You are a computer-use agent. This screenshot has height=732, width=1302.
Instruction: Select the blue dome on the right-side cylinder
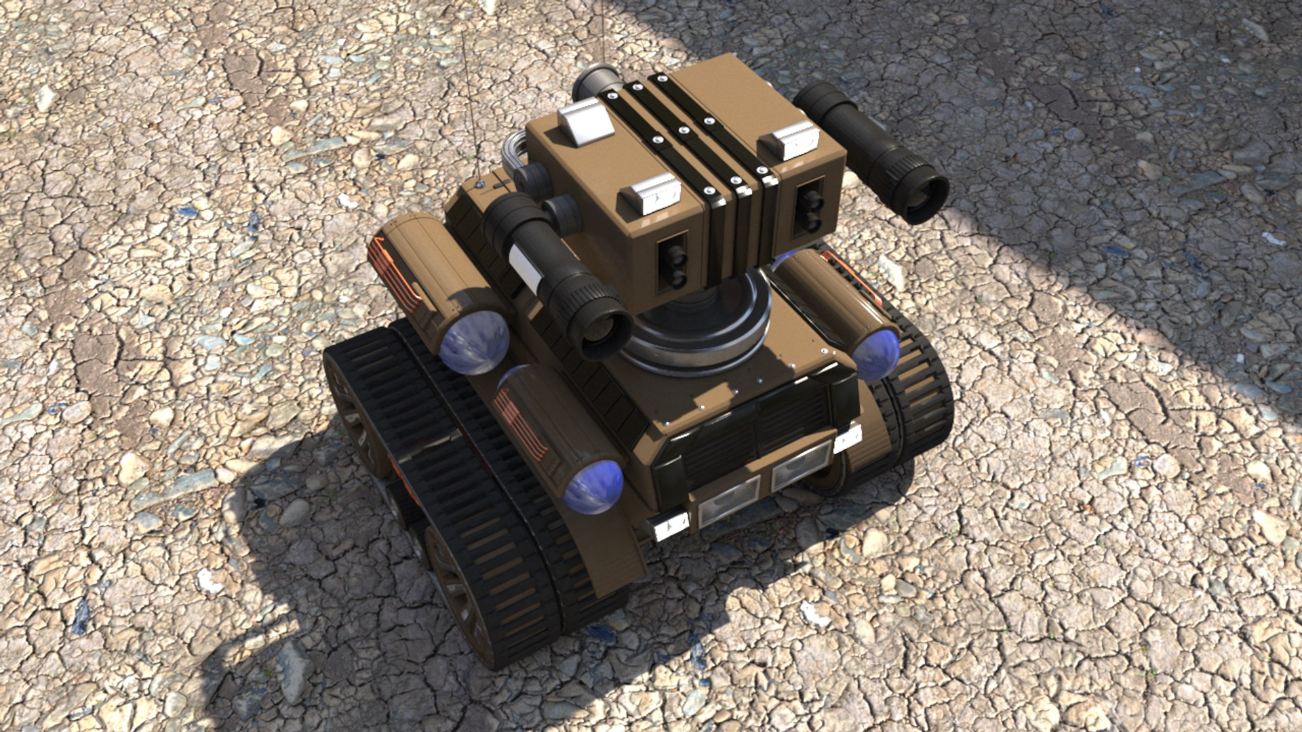[876, 354]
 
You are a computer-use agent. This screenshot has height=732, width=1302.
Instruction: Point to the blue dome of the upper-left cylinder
[473, 342]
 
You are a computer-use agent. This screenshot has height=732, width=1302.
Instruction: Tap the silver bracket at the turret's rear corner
[585, 122]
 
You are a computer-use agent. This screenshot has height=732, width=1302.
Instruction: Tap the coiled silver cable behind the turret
[515, 152]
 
